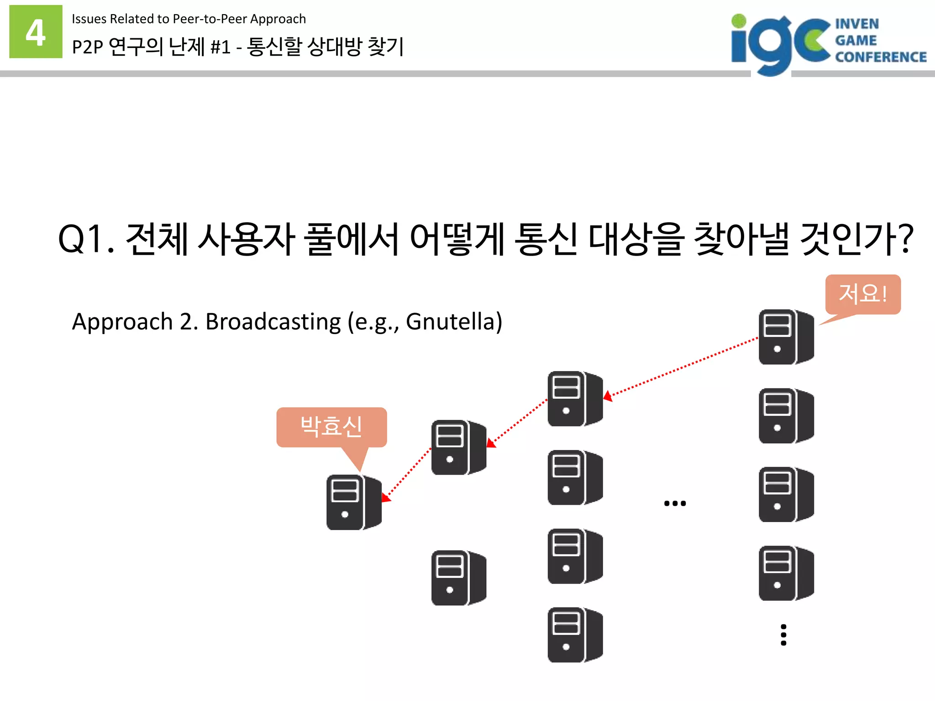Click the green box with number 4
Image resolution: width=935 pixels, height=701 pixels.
36,32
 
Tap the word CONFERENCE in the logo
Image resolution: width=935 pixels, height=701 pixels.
881,57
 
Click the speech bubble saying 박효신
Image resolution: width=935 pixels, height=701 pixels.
331,427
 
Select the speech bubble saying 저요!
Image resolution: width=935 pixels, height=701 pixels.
863,294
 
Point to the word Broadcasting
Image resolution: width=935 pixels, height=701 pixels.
273,321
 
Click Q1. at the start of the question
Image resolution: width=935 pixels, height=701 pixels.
86,239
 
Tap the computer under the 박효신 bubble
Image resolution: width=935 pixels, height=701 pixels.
354,502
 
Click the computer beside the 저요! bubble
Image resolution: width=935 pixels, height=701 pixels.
786,337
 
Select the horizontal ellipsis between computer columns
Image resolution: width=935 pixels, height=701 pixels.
675,503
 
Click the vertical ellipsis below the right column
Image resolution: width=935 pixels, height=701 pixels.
783,635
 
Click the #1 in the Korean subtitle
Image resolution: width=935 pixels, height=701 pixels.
220,47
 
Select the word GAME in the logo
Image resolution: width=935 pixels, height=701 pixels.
856,41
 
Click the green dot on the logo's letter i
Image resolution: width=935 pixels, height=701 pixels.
739,21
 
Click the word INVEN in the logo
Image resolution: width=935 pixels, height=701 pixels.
857,24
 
